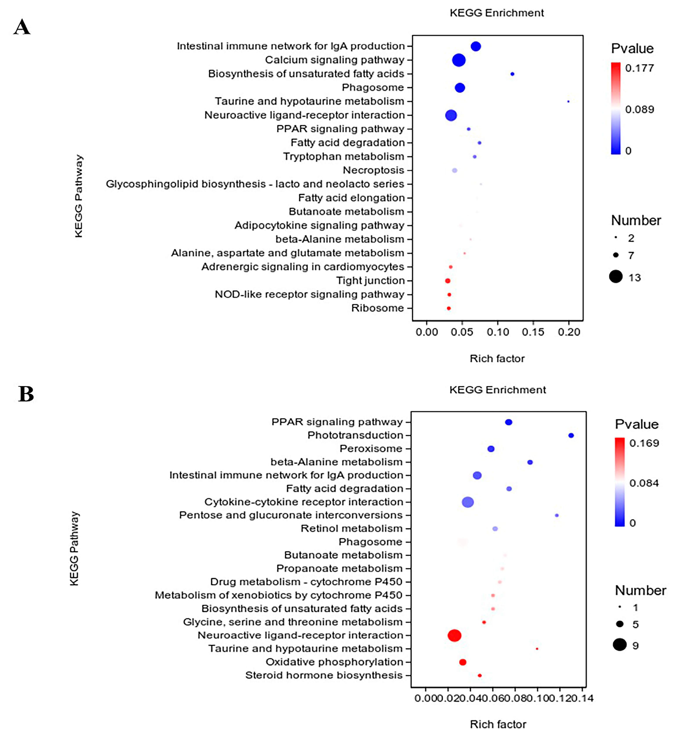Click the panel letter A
(x=22, y=27)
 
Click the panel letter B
(x=26, y=394)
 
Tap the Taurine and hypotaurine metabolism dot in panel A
(x=568, y=101)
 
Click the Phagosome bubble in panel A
(x=460, y=87)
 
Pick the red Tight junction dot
(x=447, y=281)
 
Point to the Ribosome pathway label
(x=377, y=308)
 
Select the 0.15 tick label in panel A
(x=533, y=332)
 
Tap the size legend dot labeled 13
(x=616, y=277)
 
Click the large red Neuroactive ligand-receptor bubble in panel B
(x=454, y=635)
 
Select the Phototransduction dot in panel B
(x=571, y=436)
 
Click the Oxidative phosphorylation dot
(x=462, y=662)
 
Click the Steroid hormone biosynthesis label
(x=324, y=675)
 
